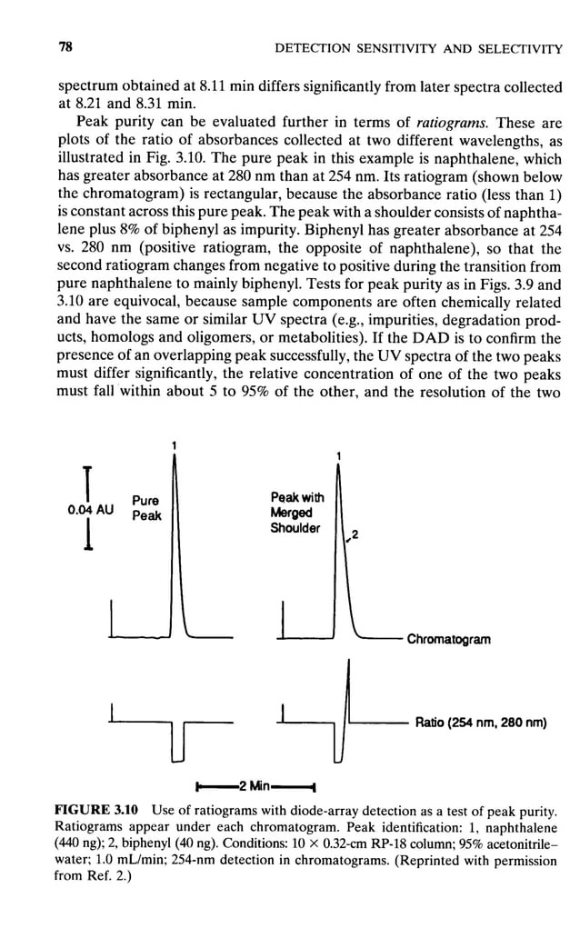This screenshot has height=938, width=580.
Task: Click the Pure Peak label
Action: click(146, 507)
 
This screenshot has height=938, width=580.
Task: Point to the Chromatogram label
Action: click(448, 639)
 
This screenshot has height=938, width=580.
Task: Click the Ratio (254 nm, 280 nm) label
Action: click(480, 723)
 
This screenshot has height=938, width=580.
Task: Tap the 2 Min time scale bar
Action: click(255, 785)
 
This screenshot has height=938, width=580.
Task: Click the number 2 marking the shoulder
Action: click(355, 536)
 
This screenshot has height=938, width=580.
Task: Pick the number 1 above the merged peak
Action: click(338, 454)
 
